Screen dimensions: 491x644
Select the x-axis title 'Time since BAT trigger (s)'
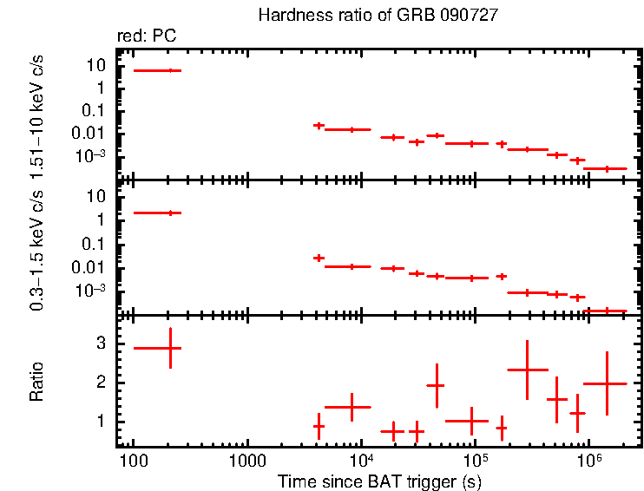[x=379, y=481]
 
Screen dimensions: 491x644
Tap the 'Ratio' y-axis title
[x=36, y=383]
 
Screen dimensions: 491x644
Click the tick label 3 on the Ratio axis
[x=101, y=344]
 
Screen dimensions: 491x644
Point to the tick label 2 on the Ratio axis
[x=101, y=383]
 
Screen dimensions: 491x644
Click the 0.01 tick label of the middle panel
[x=91, y=267]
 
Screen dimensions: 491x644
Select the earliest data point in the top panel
[x=170, y=70]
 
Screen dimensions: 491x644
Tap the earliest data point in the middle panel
[x=170, y=213]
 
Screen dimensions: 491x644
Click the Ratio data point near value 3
[x=170, y=347]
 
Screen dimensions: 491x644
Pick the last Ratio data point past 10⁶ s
[x=607, y=383]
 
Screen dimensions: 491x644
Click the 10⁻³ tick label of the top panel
[x=93, y=156]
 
